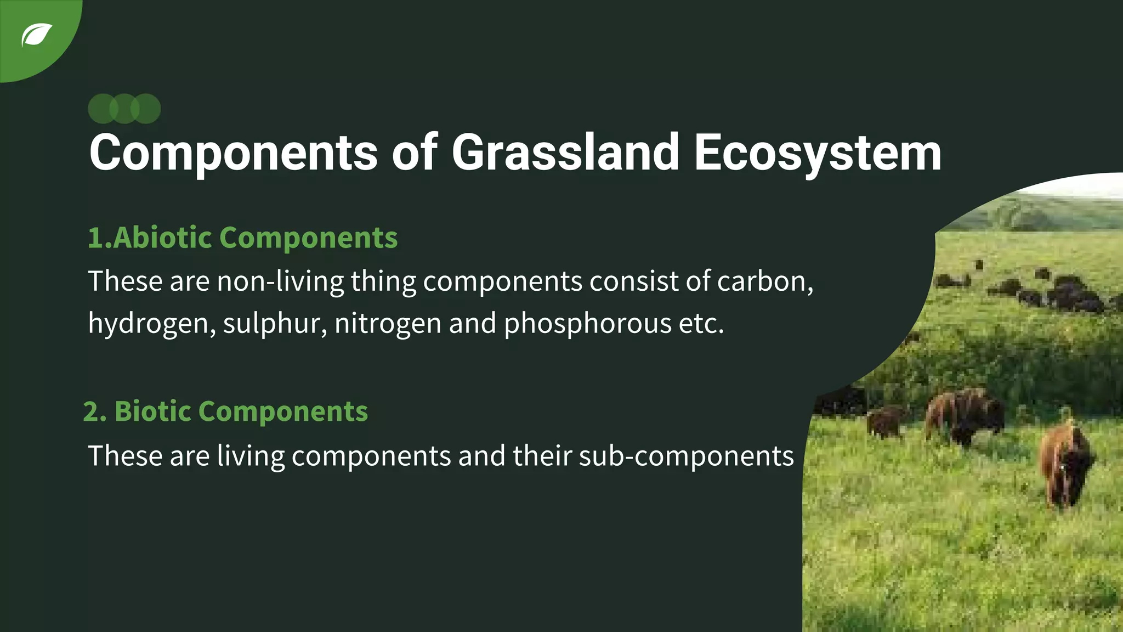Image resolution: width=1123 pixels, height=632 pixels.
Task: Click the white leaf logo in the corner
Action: coord(36,35)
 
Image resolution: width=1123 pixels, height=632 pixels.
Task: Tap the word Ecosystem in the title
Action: coord(817,154)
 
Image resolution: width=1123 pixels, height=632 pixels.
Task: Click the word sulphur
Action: coord(275,324)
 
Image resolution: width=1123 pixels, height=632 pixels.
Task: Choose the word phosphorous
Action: coord(587,324)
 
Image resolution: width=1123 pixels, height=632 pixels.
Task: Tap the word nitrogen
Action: coord(388,324)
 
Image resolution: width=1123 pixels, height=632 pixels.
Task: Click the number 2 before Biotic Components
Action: coord(91,411)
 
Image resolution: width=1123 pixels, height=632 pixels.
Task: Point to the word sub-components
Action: coord(685,456)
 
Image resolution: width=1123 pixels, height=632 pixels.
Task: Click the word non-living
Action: coord(280,282)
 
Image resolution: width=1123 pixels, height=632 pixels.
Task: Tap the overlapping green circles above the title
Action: coord(124,109)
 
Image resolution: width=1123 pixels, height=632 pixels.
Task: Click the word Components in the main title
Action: coord(233,154)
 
